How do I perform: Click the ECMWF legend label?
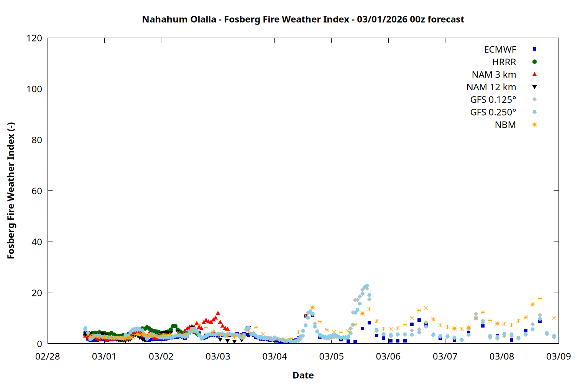pos(500,50)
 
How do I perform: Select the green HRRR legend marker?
pos(534,62)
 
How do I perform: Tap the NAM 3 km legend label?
pos(494,74)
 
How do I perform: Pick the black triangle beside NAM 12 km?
pos(534,87)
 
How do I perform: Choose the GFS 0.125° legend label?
pos(493,100)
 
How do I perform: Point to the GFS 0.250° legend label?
pos(493,113)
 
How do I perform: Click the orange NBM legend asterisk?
pos(534,125)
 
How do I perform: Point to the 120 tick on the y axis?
pos(34,38)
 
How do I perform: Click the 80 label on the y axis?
pos(37,140)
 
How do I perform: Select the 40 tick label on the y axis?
pos(37,242)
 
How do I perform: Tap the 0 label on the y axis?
pos(39,344)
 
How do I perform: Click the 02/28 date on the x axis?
pos(48,356)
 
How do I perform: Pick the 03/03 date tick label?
pos(218,356)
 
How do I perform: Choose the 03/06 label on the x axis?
pos(388,356)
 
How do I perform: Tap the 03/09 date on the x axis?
pos(559,356)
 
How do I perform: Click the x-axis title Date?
pos(303,375)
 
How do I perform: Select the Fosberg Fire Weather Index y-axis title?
pos(11,191)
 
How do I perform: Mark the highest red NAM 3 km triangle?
pos(218,313)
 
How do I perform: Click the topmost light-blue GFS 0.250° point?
pos(367,286)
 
